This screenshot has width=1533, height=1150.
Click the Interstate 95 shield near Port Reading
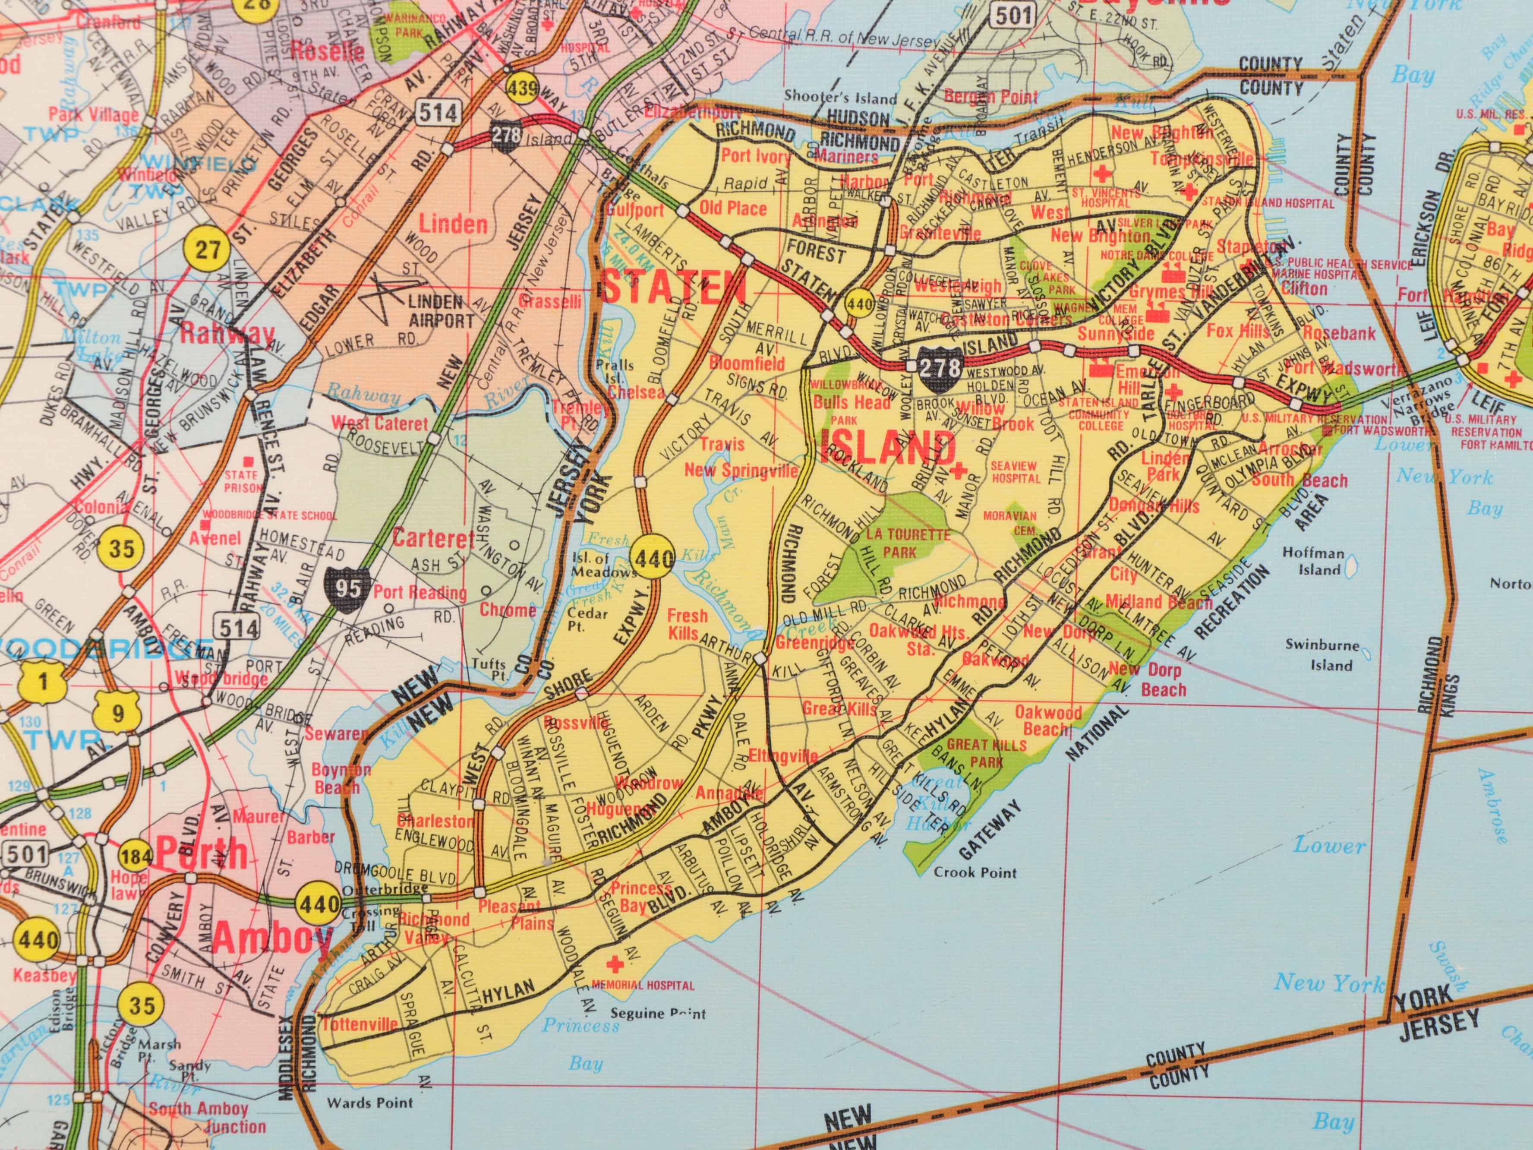347,588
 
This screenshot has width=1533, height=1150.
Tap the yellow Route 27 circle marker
207,248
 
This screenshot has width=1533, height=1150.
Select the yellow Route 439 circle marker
522,88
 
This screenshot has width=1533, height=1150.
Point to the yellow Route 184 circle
136,857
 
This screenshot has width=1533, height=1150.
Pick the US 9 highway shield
119,711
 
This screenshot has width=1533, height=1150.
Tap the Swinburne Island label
1321,654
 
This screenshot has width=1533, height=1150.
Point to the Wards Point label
369,1102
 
